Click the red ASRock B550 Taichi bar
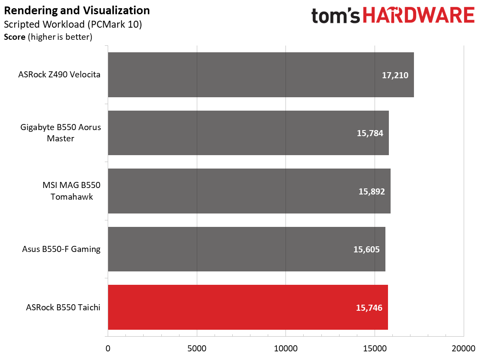click(x=248, y=307)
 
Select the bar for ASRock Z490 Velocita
click(x=261, y=75)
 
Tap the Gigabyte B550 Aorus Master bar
click(x=248, y=133)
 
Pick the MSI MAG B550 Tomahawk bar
click(x=249, y=191)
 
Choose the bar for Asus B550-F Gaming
click(x=247, y=249)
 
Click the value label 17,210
click(x=395, y=75)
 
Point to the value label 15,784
click(x=370, y=133)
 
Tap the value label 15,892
click(x=372, y=191)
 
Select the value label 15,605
click(x=366, y=249)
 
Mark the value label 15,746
click(x=369, y=308)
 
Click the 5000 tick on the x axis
click(x=197, y=348)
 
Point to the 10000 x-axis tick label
click(x=286, y=348)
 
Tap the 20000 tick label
click(x=464, y=348)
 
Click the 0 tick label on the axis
click(x=108, y=348)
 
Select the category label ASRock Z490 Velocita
click(x=59, y=74)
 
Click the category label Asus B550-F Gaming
click(x=61, y=249)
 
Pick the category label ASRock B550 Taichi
click(x=63, y=307)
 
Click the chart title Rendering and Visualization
click(x=77, y=10)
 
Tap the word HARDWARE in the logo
click(x=419, y=15)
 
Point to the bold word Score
click(x=15, y=37)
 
